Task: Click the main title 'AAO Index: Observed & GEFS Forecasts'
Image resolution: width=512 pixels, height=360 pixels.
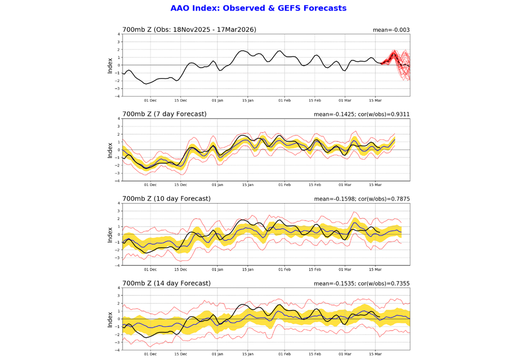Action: (x=258, y=8)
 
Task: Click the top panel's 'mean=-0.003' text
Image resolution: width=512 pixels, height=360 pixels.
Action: (x=391, y=30)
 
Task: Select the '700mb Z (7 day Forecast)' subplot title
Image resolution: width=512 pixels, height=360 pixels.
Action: (x=164, y=114)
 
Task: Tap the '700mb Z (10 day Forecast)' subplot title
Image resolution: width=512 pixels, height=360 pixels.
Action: (x=166, y=198)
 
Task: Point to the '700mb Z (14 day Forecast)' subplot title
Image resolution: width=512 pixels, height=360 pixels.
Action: (x=166, y=283)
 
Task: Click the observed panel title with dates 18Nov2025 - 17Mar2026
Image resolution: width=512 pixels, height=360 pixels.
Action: (x=189, y=29)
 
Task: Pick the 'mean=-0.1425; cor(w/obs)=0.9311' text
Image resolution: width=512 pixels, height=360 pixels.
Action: (x=361, y=114)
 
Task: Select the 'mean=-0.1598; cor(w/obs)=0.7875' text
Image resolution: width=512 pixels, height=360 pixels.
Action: (x=361, y=199)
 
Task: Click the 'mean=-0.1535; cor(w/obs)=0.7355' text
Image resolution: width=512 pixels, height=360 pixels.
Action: (x=361, y=283)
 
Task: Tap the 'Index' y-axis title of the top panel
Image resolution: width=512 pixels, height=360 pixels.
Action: (x=110, y=65)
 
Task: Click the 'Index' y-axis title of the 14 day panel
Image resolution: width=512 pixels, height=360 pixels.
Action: (x=110, y=319)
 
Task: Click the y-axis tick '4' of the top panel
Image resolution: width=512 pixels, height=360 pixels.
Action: (x=118, y=34)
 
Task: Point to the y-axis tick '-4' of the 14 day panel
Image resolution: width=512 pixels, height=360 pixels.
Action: (x=117, y=350)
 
